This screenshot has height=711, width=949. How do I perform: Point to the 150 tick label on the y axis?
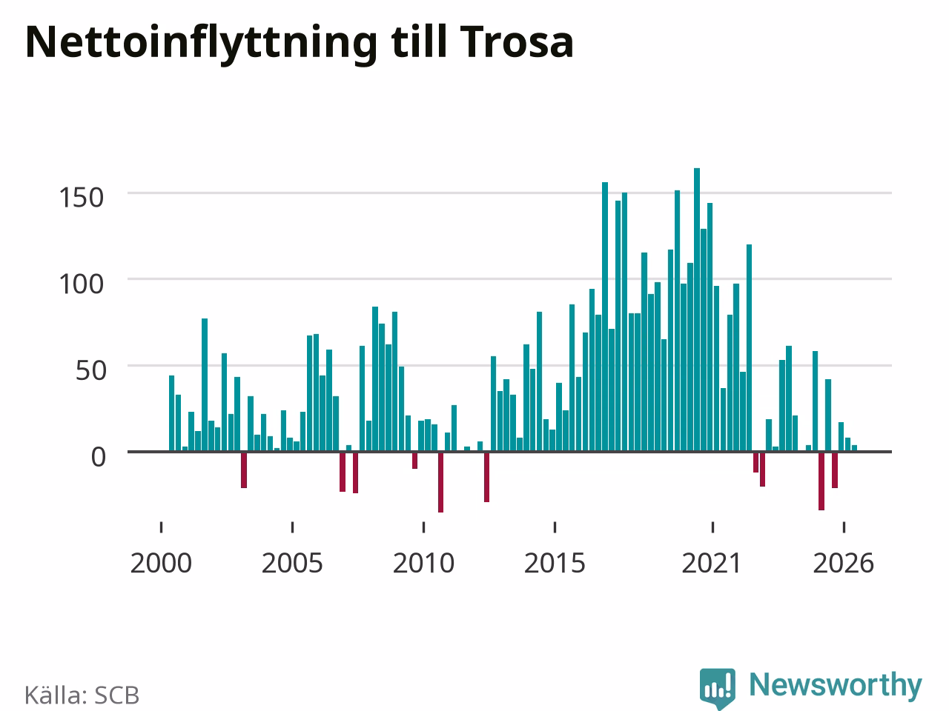pyautogui.click(x=82, y=198)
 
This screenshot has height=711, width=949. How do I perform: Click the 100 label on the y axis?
pyautogui.click(x=82, y=284)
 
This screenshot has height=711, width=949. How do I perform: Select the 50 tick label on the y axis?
pyautogui.click(x=90, y=370)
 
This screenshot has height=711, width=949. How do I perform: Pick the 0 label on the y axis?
pyautogui.click(x=99, y=457)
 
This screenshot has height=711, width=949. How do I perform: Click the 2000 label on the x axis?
pyautogui.click(x=161, y=564)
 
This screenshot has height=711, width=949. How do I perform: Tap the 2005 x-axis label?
pyautogui.click(x=292, y=564)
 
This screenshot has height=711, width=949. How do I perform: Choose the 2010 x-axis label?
pyautogui.click(x=423, y=564)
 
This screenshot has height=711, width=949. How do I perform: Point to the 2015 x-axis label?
pyautogui.click(x=555, y=564)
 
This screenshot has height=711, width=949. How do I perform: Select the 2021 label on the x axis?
pyautogui.click(x=712, y=564)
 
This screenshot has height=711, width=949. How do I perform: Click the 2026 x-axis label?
pyautogui.click(x=844, y=564)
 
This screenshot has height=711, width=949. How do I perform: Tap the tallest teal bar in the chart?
pyautogui.click(x=697, y=310)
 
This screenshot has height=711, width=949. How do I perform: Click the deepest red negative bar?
pyautogui.click(x=440, y=482)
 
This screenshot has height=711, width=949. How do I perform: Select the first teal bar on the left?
pyautogui.click(x=172, y=413)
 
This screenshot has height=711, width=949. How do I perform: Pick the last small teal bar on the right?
pyautogui.click(x=854, y=448)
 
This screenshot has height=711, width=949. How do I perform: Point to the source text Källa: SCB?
pyautogui.click(x=82, y=695)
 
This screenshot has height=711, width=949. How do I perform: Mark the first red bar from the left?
pyautogui.click(x=244, y=470)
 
